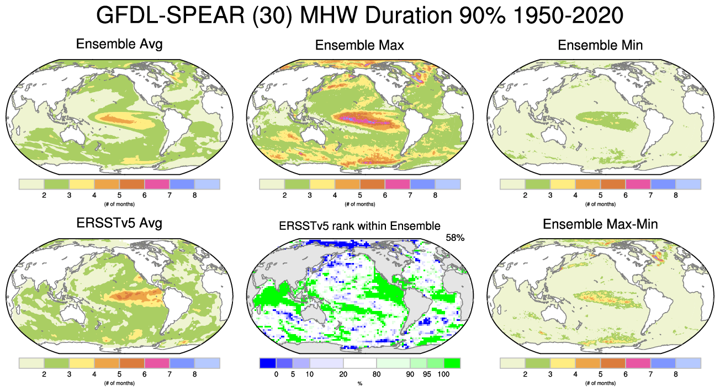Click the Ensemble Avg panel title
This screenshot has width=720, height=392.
pos(119,44)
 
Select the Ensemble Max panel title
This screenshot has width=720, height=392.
pos(359,45)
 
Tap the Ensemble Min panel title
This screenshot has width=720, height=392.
pos(600,45)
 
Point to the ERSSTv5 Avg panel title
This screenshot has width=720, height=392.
pos(119,223)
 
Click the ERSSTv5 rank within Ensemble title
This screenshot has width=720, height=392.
pos(359,225)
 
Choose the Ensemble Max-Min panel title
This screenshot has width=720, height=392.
pos(600,224)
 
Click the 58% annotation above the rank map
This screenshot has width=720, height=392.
pos(455,238)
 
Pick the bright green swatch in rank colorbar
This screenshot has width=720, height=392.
pos(452,363)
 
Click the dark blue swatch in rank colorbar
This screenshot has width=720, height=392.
pos(267,363)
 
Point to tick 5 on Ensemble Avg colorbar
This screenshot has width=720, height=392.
pos(119,195)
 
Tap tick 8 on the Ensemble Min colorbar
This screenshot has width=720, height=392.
pos(675,195)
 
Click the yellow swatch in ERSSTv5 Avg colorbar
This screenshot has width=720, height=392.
pos(81,363)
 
